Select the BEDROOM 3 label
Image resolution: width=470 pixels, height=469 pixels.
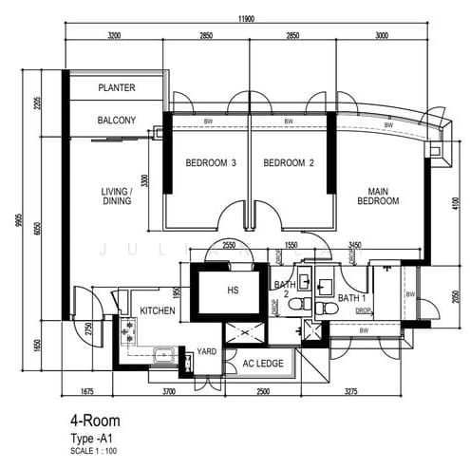209,163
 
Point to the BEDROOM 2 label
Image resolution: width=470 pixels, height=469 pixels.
289,163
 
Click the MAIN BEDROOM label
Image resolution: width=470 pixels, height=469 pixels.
378,196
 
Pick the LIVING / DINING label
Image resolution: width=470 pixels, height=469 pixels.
117,197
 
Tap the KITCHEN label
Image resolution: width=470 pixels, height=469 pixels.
159,311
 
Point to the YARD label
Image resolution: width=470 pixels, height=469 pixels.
205,350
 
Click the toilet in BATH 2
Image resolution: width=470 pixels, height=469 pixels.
295,303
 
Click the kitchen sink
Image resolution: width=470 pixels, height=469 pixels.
164,354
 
